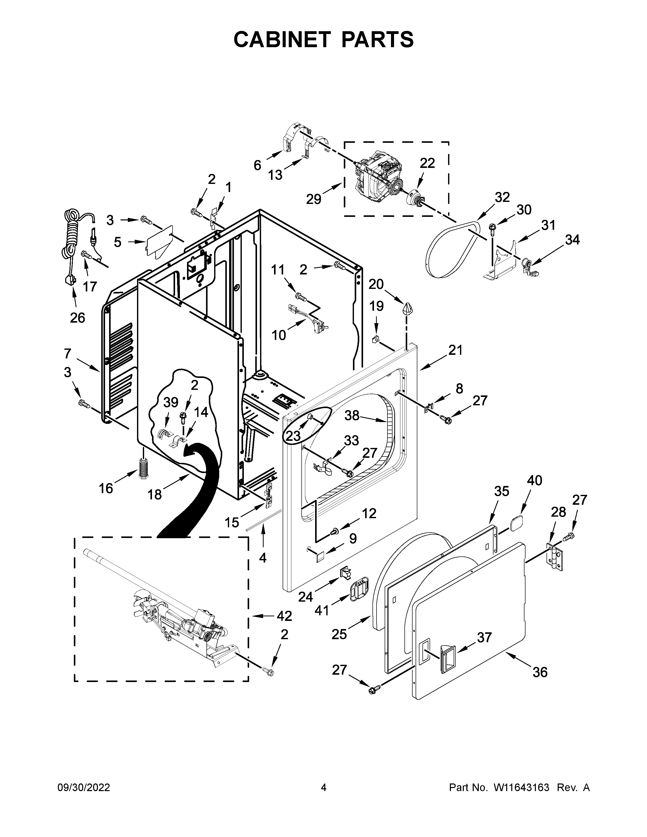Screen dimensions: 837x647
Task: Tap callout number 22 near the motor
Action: [427, 163]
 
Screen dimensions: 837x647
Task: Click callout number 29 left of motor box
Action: [314, 199]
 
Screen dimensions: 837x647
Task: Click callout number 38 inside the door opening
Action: [352, 415]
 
